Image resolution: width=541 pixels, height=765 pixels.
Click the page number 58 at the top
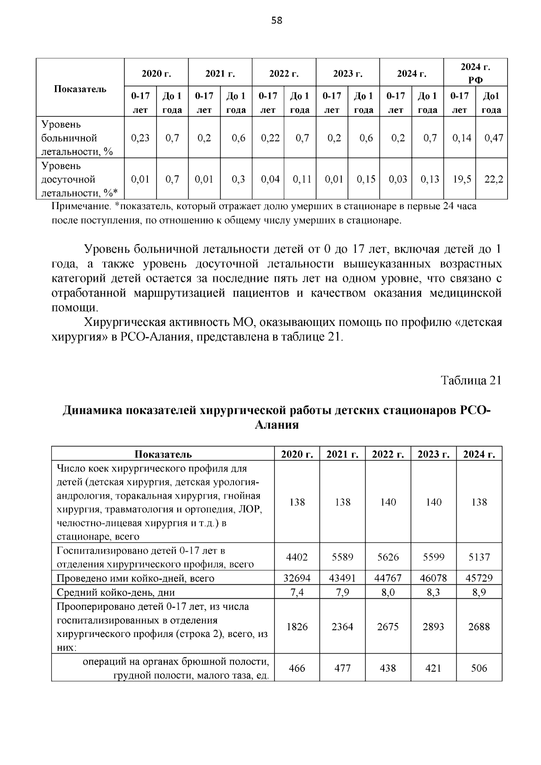click(277, 20)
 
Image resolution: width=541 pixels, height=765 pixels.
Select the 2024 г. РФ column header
click(475, 73)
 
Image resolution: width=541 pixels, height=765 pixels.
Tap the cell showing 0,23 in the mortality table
click(140, 138)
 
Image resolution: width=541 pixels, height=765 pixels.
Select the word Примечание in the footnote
click(80, 207)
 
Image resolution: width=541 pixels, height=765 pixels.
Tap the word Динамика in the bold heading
click(92, 410)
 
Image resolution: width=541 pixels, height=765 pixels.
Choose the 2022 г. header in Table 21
click(388, 454)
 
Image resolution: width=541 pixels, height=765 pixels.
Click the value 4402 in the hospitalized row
click(297, 557)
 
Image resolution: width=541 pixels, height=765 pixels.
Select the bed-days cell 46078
click(433, 578)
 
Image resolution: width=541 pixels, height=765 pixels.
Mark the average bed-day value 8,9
click(479, 592)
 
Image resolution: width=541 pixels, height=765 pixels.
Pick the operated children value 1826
click(297, 627)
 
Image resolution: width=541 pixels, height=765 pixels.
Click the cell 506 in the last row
click(479, 668)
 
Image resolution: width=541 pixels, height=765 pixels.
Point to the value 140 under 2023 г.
click(433, 502)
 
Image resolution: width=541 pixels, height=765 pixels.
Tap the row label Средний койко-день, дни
click(116, 592)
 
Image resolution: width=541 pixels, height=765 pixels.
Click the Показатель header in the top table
click(80, 88)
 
